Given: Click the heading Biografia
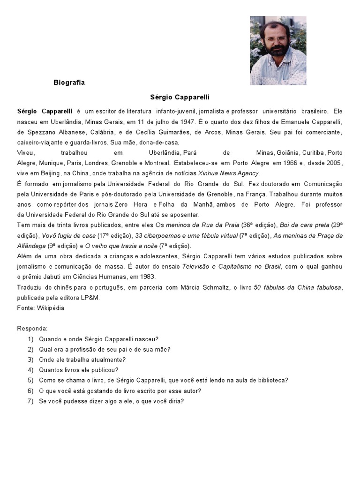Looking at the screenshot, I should coord(69,82).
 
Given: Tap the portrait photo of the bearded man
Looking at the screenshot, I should coord(278,51).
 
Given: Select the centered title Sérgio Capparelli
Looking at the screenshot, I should coord(180,97).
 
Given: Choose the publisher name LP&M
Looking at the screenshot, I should coord(90,297).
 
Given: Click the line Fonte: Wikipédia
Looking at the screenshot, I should coord(41,308).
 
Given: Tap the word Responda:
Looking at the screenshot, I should coord(32,329).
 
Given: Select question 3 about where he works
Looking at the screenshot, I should coord(82,360).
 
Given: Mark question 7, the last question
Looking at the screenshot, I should coord(111,401).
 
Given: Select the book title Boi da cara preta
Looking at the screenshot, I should coord(304,225).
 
